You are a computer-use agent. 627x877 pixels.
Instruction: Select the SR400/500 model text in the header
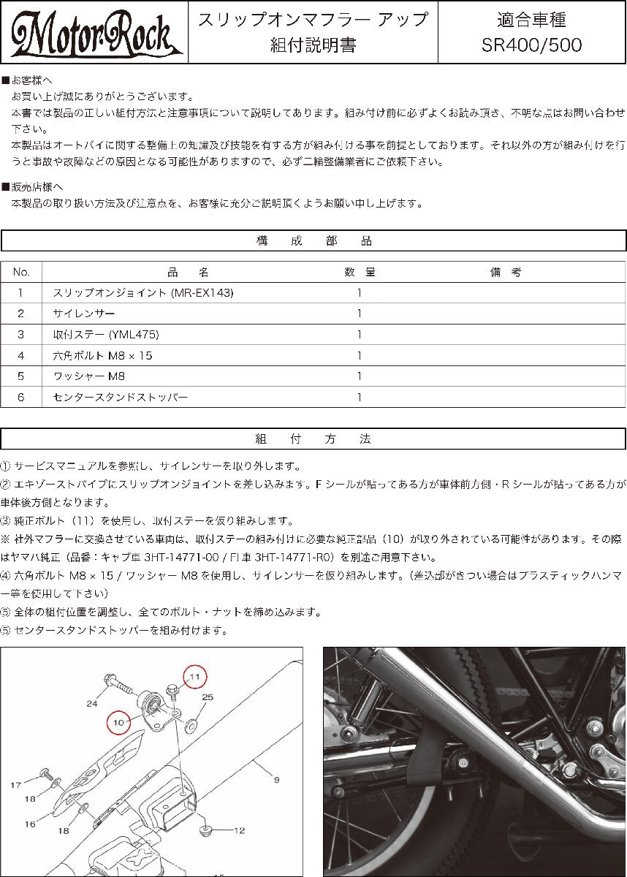click(x=532, y=45)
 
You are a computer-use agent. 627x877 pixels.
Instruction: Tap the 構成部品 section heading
click(x=313, y=241)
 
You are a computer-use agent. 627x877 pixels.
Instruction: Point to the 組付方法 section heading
click(x=313, y=439)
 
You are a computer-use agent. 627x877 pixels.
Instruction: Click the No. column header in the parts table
click(x=21, y=272)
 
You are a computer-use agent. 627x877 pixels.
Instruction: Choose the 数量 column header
click(x=360, y=272)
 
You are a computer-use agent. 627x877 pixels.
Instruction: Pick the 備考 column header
click(x=506, y=272)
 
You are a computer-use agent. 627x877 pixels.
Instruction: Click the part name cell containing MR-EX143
click(x=143, y=293)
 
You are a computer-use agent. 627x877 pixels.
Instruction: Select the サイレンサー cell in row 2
click(x=84, y=314)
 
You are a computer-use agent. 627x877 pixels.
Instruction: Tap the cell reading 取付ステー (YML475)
click(x=106, y=335)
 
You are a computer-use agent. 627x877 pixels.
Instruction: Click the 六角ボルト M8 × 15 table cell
click(x=103, y=356)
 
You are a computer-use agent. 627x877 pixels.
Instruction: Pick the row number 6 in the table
click(x=21, y=398)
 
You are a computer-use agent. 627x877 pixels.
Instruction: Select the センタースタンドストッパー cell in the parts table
click(x=121, y=398)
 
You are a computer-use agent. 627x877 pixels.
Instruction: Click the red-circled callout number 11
click(x=194, y=678)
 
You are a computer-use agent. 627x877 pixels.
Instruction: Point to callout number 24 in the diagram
click(x=91, y=705)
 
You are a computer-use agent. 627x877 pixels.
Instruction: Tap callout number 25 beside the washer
click(x=208, y=698)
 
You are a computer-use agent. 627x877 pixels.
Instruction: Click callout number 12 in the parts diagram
click(x=238, y=831)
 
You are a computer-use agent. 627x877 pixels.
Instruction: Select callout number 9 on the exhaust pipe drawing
click(x=276, y=780)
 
